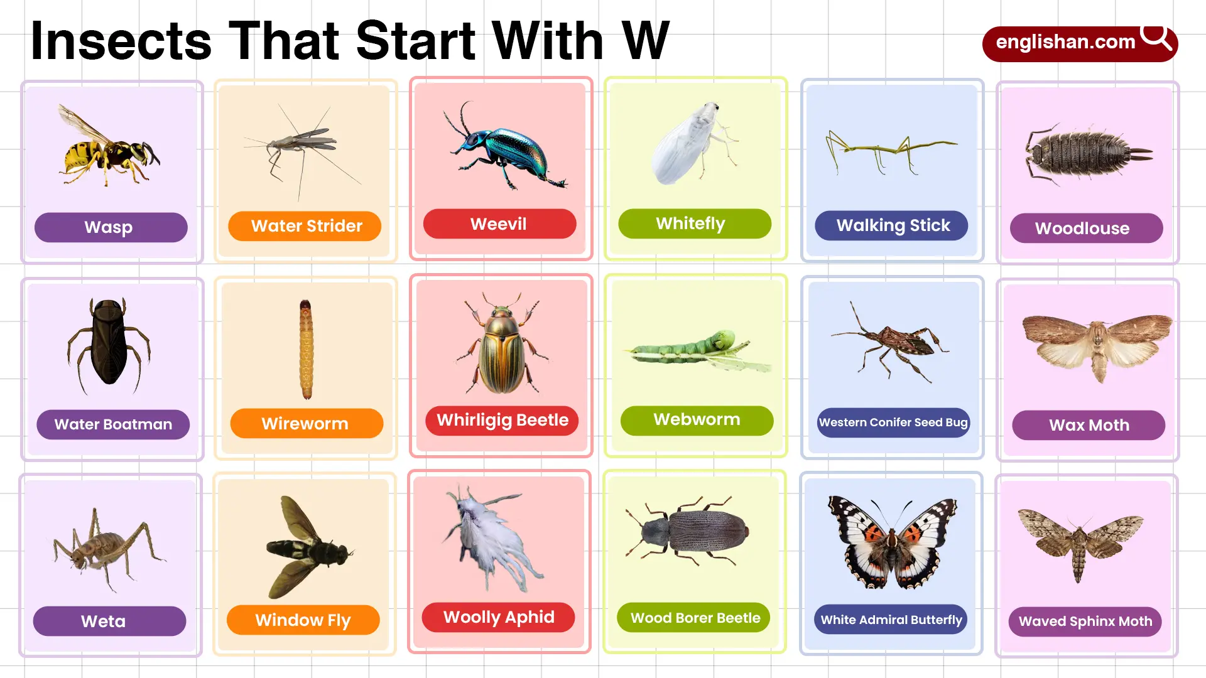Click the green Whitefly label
[x=694, y=223]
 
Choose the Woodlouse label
[x=1086, y=228]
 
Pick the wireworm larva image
[x=306, y=349]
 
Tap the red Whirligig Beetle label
[x=502, y=420]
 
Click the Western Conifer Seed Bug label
[x=893, y=422]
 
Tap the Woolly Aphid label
[x=498, y=617]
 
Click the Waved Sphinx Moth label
[x=1085, y=621]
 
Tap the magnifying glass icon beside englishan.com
[x=1156, y=37]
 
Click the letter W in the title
[x=645, y=41]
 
